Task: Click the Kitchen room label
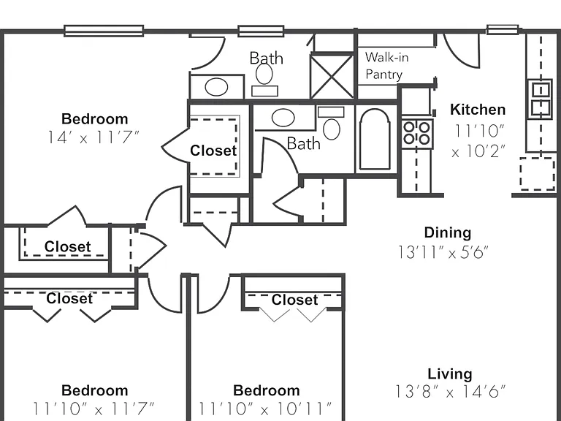coord(478,110)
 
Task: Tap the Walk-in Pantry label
coord(386,66)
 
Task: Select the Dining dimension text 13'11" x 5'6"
coord(443,252)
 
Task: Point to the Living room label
coord(450,373)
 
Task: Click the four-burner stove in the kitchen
coord(417,133)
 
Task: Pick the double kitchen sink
coord(541,99)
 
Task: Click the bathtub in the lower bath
coord(375,139)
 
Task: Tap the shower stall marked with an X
coord(332,76)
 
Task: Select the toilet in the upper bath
coord(264,80)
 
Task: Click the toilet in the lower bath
coord(332,123)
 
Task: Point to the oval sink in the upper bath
coord(216,87)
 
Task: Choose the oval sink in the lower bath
coord(283,118)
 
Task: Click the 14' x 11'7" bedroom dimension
coord(93,137)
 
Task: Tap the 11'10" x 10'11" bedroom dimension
coord(265,409)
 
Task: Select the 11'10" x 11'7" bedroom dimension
coord(93,409)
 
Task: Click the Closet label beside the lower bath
coord(213,151)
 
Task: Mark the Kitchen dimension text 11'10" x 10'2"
coord(479,141)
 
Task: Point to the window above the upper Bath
coord(262,31)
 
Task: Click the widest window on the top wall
coord(104,31)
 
